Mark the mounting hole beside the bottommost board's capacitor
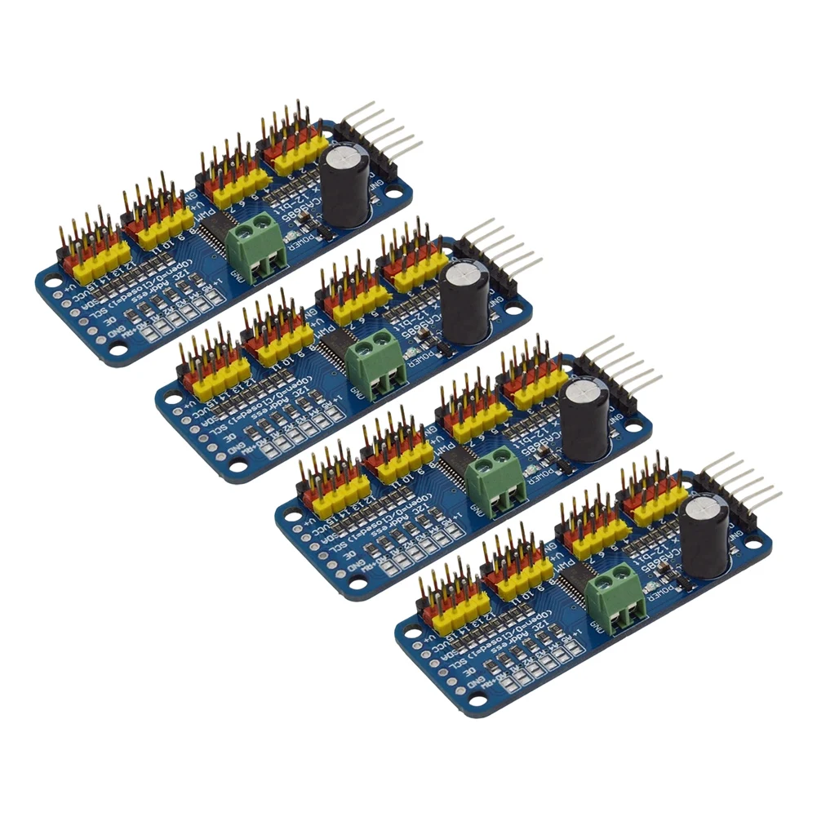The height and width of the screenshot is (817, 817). point(752,540)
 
